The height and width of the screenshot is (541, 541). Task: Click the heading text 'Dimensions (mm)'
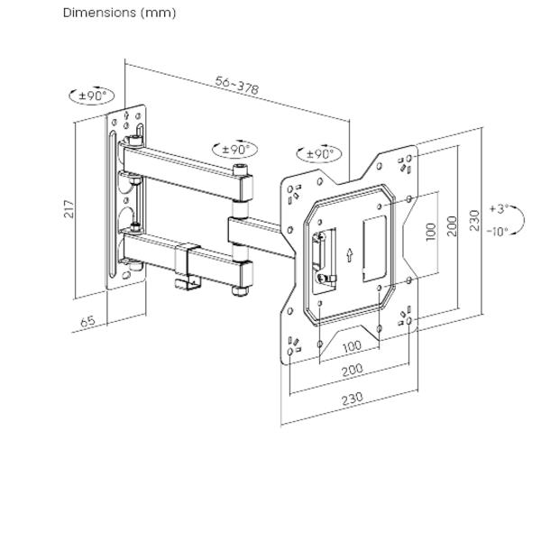tap(119, 13)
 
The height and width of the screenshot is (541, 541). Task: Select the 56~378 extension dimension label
tap(237, 85)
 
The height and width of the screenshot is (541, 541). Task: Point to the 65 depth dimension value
tap(87, 320)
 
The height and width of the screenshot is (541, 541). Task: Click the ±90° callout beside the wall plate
tap(92, 95)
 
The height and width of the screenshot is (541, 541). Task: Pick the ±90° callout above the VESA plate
tap(318, 153)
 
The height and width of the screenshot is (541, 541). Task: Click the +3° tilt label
tap(499, 208)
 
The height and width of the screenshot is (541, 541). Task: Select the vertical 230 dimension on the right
tap(474, 220)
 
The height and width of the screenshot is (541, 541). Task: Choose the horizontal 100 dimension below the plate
tap(352, 346)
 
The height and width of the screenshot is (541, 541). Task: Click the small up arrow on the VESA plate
tap(348, 256)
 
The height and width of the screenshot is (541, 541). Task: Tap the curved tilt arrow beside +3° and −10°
tap(520, 220)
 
